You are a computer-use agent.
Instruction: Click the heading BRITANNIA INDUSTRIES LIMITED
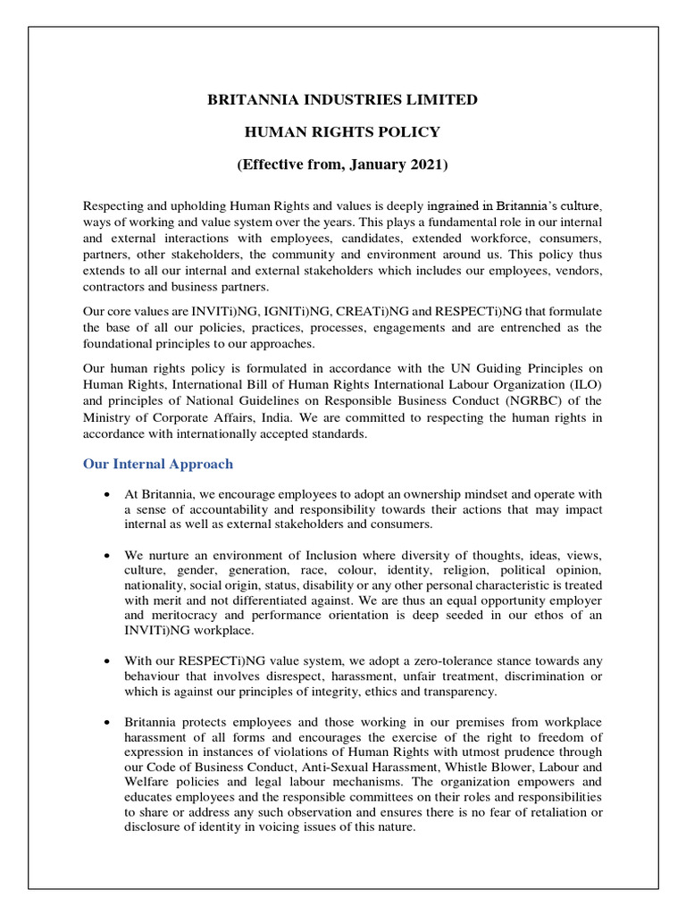pos(343,99)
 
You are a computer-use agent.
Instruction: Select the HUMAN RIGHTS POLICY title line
pos(343,132)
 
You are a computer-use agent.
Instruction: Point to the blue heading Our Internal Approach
pos(157,464)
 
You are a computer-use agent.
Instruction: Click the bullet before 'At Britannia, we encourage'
pos(107,494)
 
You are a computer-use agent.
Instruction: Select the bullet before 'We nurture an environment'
pos(107,554)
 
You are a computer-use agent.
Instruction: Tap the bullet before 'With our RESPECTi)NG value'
pos(107,662)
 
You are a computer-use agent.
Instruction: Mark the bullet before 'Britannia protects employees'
pos(107,721)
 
